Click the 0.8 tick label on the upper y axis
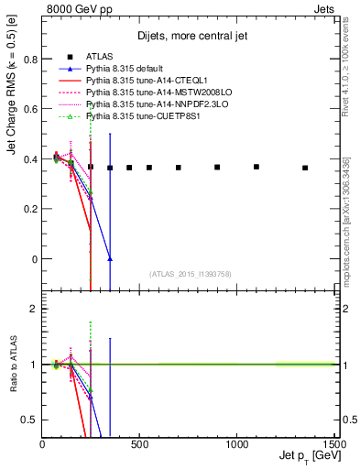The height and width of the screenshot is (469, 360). (29, 59)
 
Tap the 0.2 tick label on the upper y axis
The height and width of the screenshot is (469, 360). (29, 209)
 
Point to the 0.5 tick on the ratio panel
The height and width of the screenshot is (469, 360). (29, 420)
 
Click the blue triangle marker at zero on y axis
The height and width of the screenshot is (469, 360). (110, 259)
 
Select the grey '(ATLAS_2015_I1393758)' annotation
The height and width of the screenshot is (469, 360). (190, 273)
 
